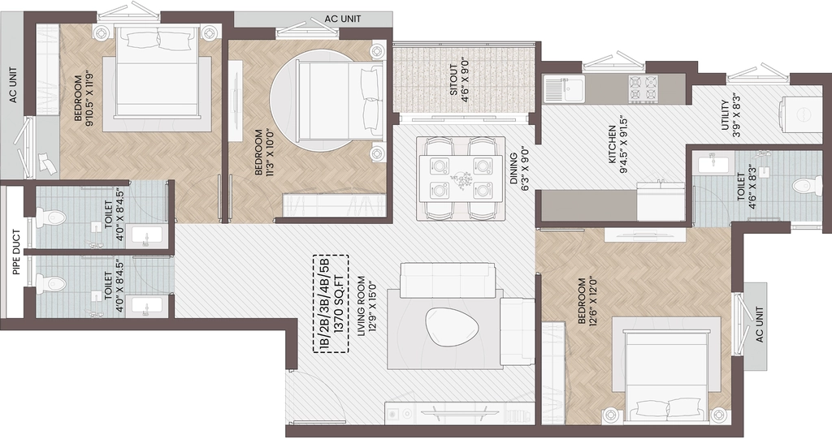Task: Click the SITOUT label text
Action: pos(453,80)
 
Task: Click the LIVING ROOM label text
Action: pos(362,306)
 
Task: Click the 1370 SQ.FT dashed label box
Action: pos(331,303)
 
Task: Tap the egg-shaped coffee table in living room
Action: pos(453,326)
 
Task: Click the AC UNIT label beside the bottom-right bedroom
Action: pos(759,325)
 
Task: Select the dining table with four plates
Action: pos(460,179)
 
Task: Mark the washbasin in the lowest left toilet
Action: pos(147,307)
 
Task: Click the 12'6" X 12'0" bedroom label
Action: pos(587,301)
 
